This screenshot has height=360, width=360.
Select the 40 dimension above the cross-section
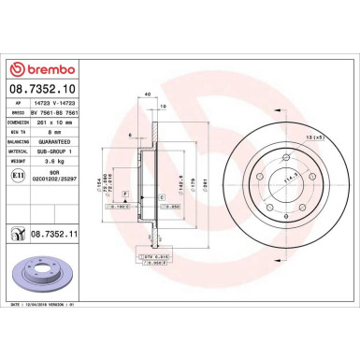click(148, 94)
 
